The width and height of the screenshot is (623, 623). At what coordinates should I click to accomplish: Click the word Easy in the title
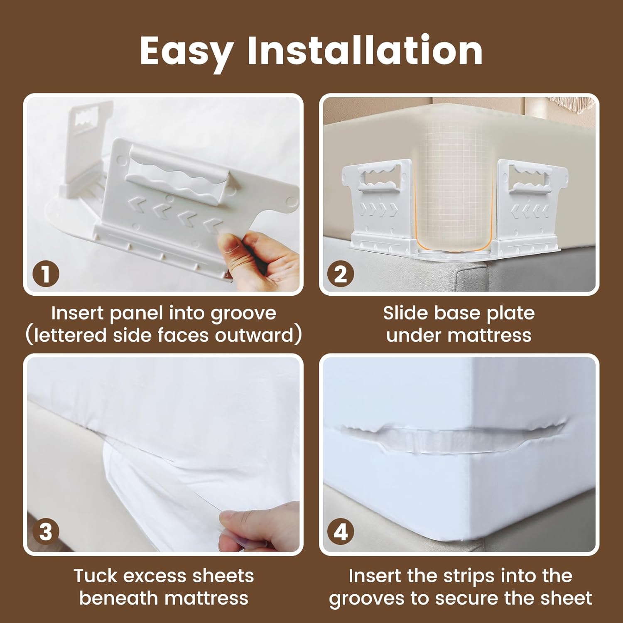pos(186,52)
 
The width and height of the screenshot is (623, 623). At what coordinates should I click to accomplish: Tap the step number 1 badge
pos(46,275)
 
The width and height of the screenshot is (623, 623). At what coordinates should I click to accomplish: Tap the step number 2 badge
pos(341,275)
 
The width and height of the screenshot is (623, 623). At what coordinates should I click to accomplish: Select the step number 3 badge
pos(46,532)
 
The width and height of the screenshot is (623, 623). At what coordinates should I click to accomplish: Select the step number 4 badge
pos(341,532)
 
